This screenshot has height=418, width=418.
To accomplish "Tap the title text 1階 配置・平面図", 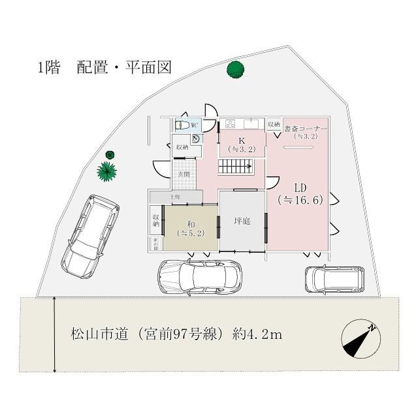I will (x=104, y=68).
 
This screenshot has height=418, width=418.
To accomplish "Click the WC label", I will (x=195, y=125).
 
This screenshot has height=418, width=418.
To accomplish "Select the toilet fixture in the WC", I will (x=183, y=125).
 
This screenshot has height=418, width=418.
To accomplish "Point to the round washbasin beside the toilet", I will (x=196, y=138).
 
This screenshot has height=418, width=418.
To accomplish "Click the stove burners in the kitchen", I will (x=230, y=124).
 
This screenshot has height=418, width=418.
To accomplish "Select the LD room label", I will (x=300, y=193).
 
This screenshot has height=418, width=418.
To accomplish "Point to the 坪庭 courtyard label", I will (x=242, y=221).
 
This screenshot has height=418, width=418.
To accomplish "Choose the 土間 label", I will (x=175, y=197).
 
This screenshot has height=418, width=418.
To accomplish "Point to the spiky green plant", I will (x=106, y=171).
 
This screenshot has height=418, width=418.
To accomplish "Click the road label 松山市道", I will (x=176, y=335).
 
